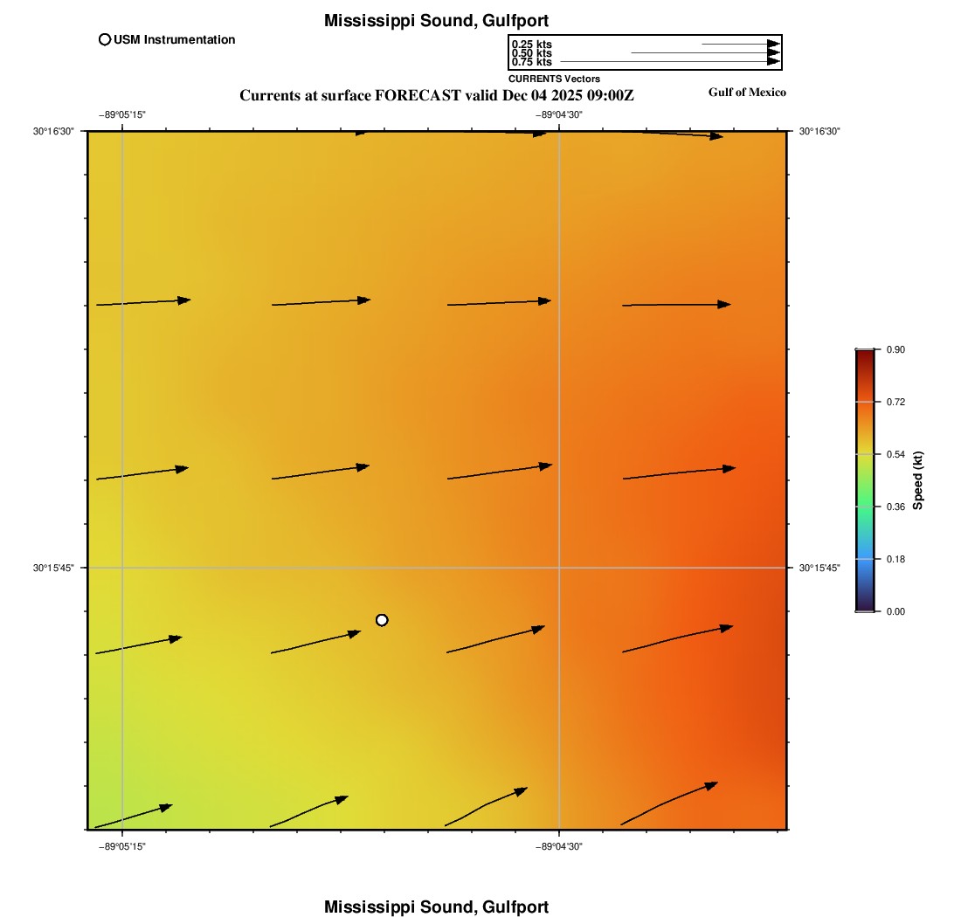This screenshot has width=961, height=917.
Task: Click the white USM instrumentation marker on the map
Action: pos(382,620)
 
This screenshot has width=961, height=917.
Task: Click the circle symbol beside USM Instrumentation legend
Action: pos(105,39)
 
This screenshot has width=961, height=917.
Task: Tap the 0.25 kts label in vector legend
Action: pos(531,45)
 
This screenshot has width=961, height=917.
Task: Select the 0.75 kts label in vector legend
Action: pos(531,62)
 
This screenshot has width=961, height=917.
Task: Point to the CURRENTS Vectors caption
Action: pos(554,79)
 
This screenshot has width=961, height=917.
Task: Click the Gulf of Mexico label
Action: pos(747,93)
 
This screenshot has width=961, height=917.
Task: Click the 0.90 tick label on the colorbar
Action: pos(895,349)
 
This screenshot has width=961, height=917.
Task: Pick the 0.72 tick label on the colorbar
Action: pos(895,402)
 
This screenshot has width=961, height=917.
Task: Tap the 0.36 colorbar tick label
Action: pos(895,507)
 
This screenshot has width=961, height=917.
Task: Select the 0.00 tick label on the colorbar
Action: pos(895,611)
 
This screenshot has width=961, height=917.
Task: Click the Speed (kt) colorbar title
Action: pos(917,480)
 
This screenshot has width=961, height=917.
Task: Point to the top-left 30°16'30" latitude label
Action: pos(53,131)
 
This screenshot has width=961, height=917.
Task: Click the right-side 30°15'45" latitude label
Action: pos(820,568)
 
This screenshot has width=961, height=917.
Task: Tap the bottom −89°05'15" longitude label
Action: pos(121,846)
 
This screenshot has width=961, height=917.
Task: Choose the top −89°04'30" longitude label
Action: pos(559,114)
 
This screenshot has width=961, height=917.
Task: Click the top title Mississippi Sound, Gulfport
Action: pos(436,20)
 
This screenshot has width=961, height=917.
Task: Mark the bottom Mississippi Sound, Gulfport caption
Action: pos(436,907)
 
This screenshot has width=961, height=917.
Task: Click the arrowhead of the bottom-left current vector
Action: pos(165,807)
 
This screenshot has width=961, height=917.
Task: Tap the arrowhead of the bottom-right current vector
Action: pos(711,785)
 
